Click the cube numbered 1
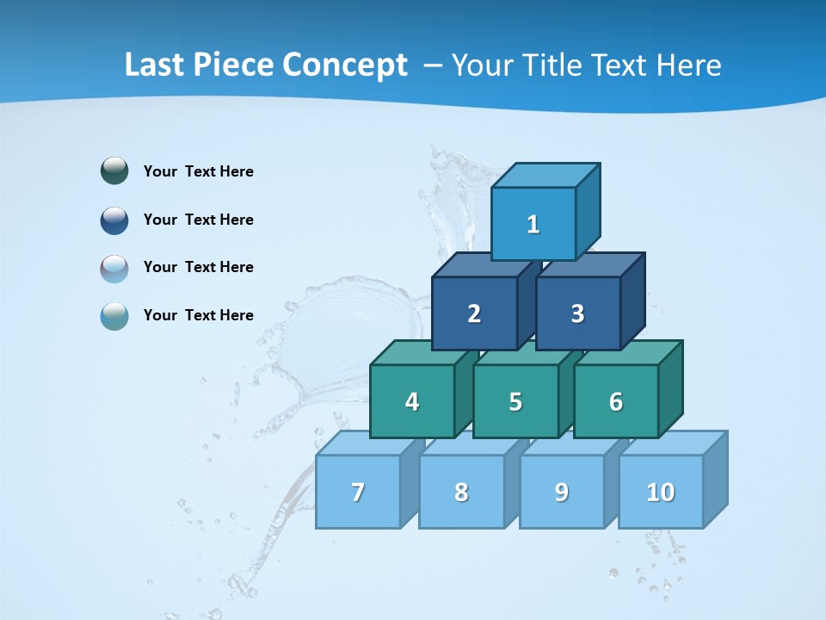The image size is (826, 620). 533,224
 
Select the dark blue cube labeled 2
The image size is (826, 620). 474,313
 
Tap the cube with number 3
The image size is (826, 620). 577,313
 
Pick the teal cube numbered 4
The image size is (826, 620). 412,401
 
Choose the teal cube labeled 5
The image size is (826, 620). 515,401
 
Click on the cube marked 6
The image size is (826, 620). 616,401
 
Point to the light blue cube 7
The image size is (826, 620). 358,492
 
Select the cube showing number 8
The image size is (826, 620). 461,492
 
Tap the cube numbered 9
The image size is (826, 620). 561,492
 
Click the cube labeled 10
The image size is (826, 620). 661,492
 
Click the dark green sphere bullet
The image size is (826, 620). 114,171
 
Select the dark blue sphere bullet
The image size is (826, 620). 114,220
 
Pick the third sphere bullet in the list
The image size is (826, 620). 114,268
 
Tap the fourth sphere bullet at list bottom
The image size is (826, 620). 114,315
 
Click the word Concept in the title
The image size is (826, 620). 345,65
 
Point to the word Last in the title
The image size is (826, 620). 156,65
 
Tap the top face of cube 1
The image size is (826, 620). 546,175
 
